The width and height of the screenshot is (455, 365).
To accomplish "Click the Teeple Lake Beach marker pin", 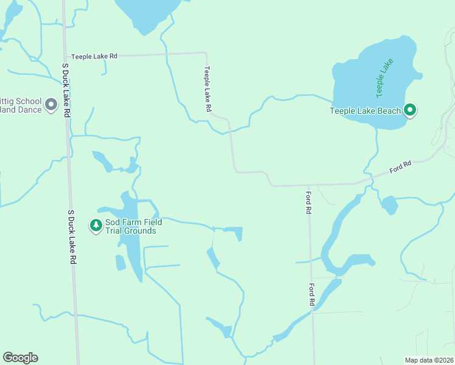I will point(411,110).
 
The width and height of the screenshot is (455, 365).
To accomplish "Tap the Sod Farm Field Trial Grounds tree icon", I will point(96,226).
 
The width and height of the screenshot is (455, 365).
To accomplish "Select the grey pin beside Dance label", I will point(51,105).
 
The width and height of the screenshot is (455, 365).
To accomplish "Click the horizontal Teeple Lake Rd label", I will point(94,56).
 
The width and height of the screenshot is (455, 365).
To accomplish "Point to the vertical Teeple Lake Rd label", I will point(207,89).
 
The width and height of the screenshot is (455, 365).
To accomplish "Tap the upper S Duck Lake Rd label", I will point(66,89).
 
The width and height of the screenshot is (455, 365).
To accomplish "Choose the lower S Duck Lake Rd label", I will point(72,237).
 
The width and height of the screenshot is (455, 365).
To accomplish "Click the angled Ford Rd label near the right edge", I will point(401,165).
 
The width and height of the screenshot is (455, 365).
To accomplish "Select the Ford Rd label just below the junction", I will point(308,201).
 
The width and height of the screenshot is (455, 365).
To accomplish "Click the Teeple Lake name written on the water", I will point(384,78).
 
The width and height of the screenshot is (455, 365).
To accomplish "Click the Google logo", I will point(20,358).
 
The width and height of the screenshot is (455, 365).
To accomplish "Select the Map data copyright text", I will point(429,360).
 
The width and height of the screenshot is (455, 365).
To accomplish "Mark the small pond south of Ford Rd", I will point(389,205).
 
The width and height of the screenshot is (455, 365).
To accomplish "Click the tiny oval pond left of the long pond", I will point(120,263).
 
